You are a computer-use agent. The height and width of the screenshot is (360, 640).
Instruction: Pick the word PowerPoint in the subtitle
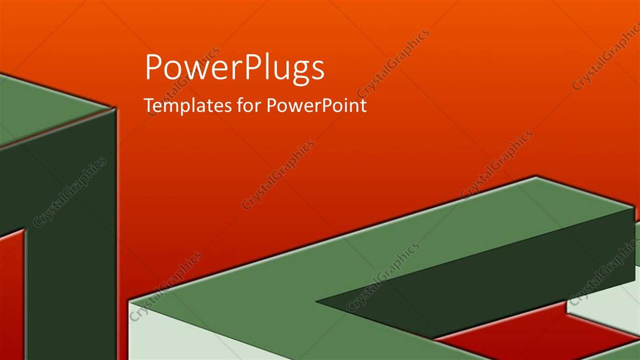(x=316, y=105)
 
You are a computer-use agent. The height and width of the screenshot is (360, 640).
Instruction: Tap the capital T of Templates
(x=149, y=105)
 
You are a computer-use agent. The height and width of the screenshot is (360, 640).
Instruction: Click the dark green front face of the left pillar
(x=68, y=238)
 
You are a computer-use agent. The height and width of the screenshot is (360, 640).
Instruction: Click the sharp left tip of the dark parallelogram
(x=317, y=302)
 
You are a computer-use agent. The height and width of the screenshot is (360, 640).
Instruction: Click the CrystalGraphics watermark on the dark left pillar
(x=69, y=192)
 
